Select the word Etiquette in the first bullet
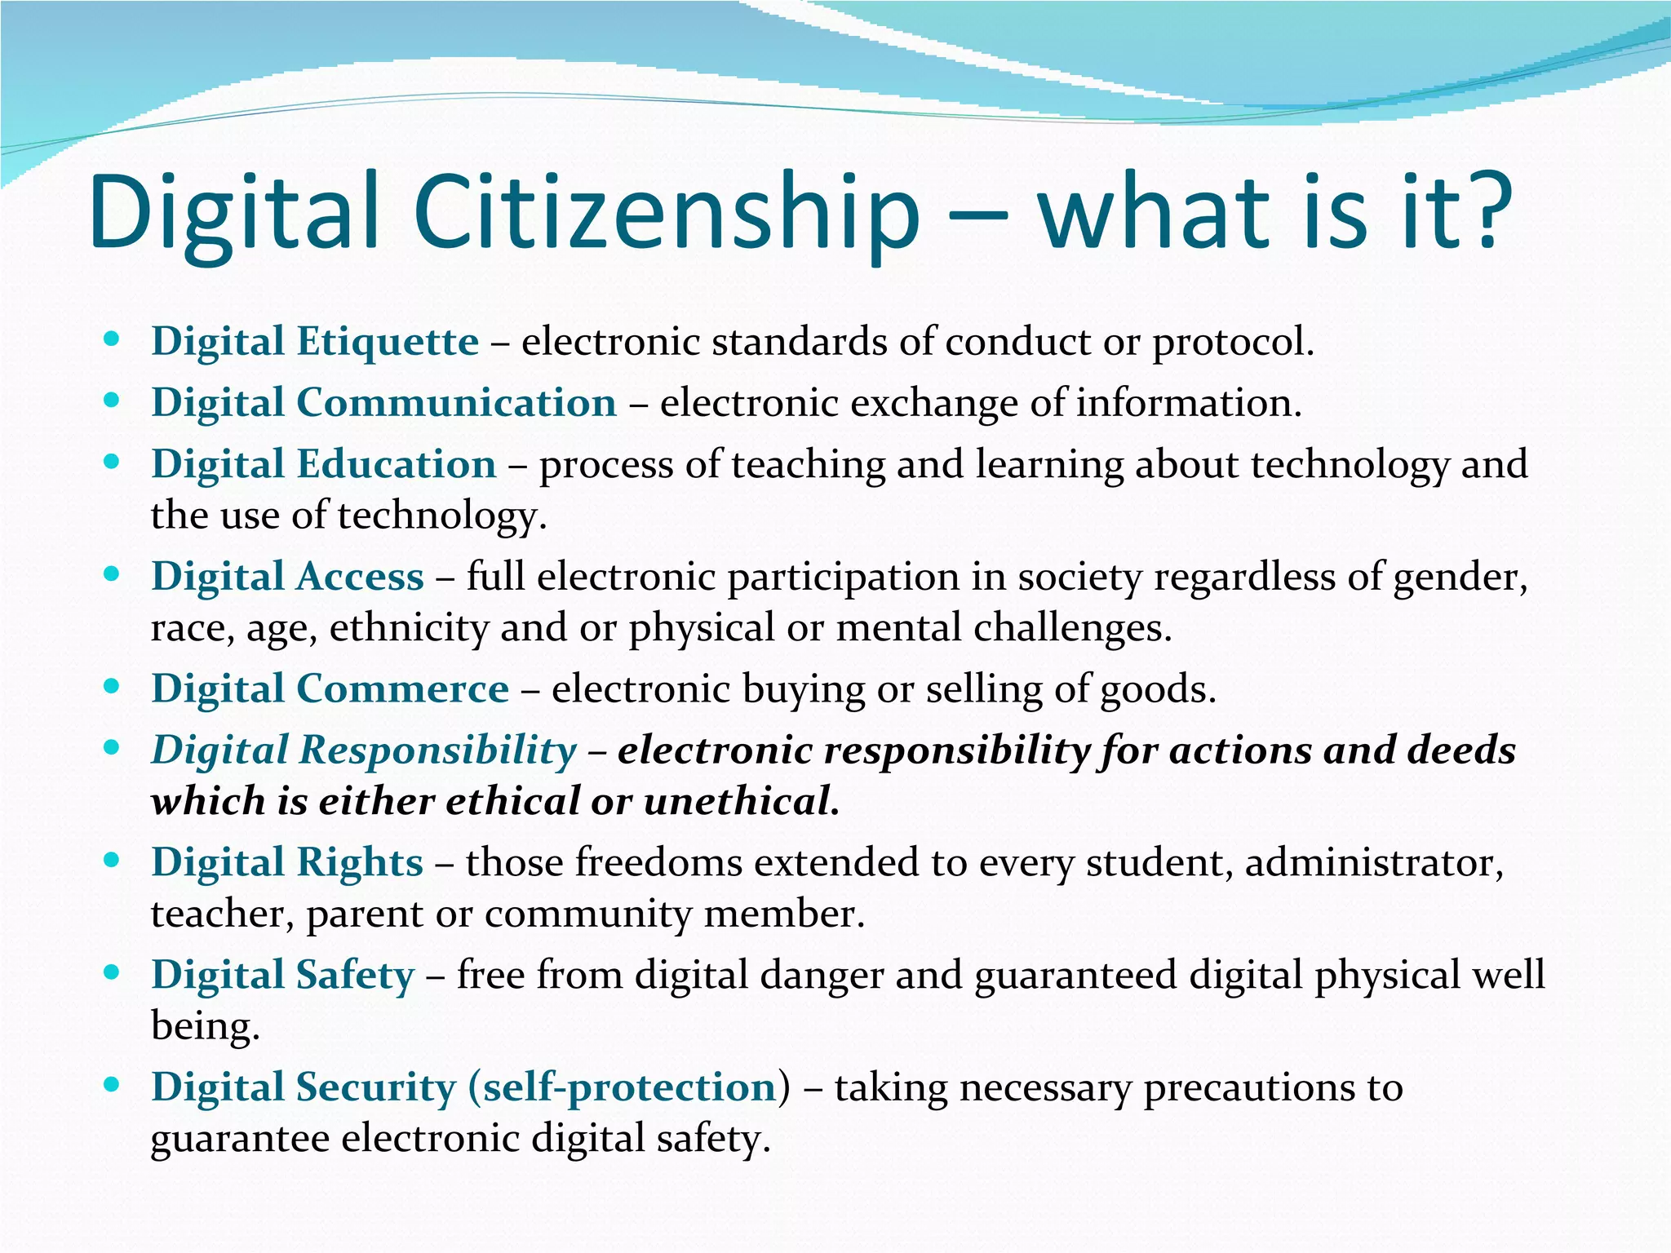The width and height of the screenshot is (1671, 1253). click(388, 341)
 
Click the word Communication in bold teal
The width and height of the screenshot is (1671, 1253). click(456, 402)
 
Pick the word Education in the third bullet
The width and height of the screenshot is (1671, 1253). click(396, 464)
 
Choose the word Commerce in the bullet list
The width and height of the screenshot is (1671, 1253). click(402, 688)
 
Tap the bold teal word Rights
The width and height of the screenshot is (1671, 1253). click(359, 862)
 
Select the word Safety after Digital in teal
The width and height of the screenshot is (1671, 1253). click(355, 975)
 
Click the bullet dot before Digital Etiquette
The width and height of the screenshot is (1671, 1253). click(113, 339)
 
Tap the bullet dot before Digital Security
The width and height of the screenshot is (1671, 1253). click(113, 1085)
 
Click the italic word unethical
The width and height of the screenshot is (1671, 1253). click(741, 801)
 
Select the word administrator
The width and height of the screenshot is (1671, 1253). click(1374, 862)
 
